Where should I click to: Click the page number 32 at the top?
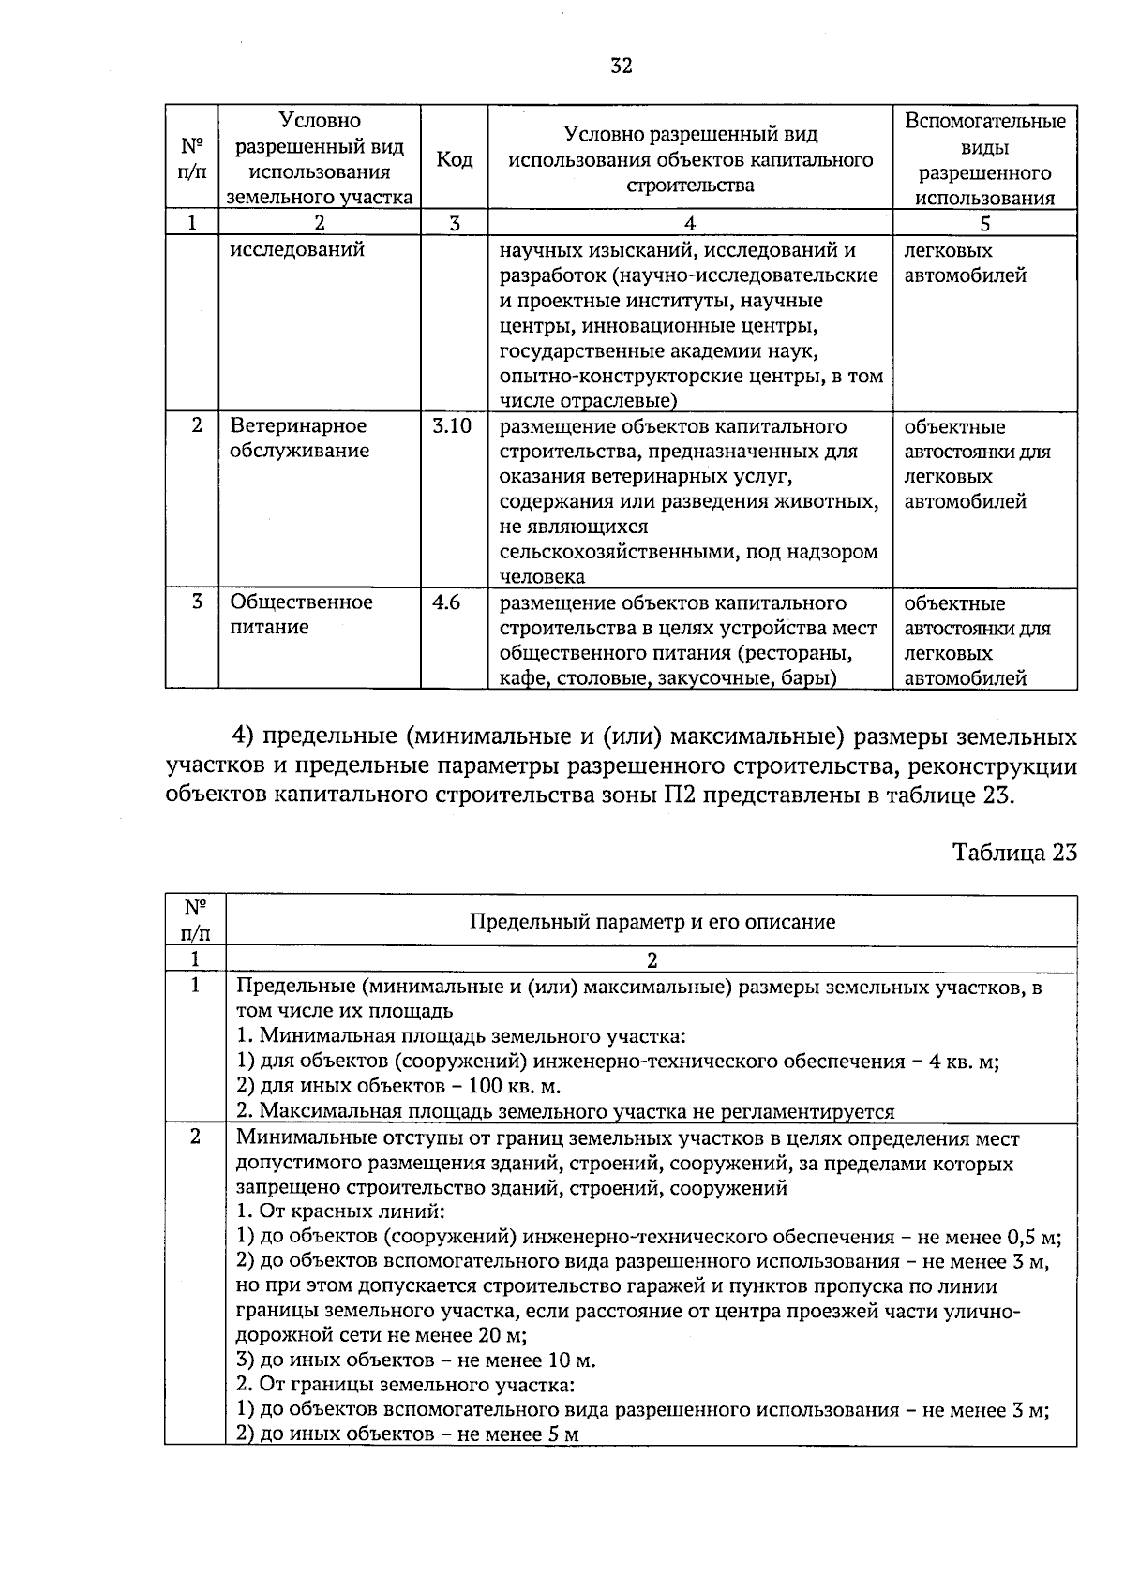pos(621,65)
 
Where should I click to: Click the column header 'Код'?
pos(454,160)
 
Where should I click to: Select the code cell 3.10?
pos(451,426)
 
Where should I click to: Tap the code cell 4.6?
pos(445,602)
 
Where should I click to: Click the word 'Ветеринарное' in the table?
pos(298,426)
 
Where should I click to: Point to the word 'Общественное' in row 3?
pos(301,602)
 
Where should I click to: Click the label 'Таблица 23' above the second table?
pos(1014,852)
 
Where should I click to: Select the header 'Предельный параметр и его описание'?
pos(652,922)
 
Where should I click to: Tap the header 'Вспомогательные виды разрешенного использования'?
pos(984,160)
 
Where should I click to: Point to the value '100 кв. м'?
pos(512,1087)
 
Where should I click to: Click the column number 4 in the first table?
pos(690,223)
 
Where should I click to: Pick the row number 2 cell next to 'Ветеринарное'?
pos(196,425)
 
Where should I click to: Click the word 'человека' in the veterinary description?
pos(542,576)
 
